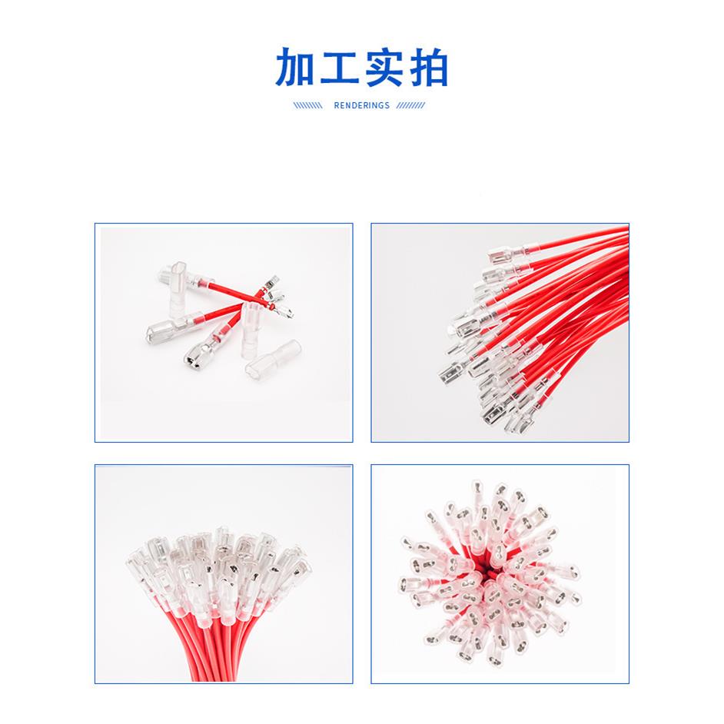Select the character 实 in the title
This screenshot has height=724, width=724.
click(x=384, y=69)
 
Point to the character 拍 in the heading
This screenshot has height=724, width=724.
click(x=427, y=69)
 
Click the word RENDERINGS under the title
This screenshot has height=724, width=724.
click(x=362, y=106)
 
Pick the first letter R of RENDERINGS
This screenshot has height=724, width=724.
click(x=337, y=106)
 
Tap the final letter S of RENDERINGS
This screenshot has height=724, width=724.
click(x=387, y=106)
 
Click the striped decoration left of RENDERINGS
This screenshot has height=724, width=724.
click(x=307, y=106)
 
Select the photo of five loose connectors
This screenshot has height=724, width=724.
click(x=224, y=332)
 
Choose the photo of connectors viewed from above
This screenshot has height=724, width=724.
click(x=500, y=573)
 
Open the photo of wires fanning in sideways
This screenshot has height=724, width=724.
click(x=500, y=332)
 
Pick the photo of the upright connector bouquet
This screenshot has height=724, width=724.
click(x=224, y=573)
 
